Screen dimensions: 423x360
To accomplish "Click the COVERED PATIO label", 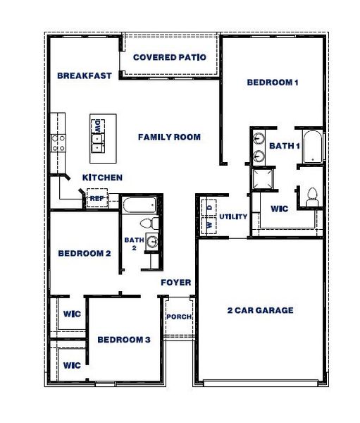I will point(169,57).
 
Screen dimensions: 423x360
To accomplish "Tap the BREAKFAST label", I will point(85,75).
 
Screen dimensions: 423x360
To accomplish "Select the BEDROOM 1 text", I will point(273,82).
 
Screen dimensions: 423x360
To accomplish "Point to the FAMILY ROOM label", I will point(169,137).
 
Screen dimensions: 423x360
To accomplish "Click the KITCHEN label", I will point(103,178).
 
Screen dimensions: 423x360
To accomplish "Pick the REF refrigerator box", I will point(97,199).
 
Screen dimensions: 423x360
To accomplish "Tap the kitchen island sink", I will point(97,145).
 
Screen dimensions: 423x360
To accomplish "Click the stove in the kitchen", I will point(57,143).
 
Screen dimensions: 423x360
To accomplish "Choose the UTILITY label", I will point(233,216).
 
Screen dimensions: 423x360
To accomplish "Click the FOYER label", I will point(176,283).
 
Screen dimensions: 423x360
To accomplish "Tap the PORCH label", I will point(179,317).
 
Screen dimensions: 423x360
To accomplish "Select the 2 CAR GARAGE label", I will point(260,310).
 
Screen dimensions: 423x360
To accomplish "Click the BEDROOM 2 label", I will point(84,253).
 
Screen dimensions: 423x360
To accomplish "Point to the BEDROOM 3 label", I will point(124,340).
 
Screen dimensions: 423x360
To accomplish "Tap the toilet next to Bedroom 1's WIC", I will point(311,195).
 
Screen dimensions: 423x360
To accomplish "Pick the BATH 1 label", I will point(285,146).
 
